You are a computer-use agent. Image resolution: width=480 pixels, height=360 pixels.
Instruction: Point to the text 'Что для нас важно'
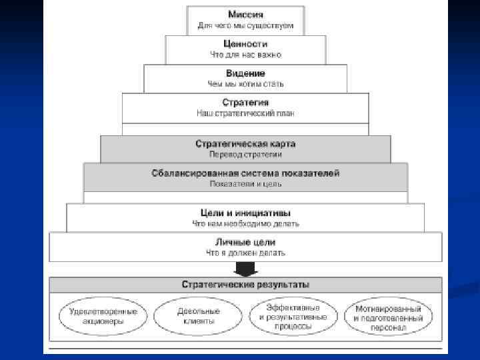click(x=245, y=54)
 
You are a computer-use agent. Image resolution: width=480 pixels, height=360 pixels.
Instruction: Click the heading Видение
click(x=245, y=73)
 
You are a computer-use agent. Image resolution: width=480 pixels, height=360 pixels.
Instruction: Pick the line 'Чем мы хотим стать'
click(x=245, y=84)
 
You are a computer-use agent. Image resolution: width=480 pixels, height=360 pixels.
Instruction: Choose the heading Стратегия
click(x=245, y=102)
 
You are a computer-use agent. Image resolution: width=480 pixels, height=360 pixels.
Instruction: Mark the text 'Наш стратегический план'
click(x=245, y=113)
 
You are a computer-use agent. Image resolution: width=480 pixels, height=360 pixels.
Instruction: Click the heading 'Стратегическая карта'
click(x=245, y=143)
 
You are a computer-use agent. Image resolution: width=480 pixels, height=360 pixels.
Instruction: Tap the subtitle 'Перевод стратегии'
click(x=245, y=155)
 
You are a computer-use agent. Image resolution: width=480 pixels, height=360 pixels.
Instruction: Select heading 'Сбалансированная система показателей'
click(x=245, y=173)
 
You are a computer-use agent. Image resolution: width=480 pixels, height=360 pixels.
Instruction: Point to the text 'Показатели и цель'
click(x=245, y=184)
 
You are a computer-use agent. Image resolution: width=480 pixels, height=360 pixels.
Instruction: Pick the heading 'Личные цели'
click(x=245, y=242)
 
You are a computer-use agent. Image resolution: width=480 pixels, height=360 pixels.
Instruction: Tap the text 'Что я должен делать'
click(x=245, y=253)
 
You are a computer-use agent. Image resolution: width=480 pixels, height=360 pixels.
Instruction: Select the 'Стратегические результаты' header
click(x=245, y=285)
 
